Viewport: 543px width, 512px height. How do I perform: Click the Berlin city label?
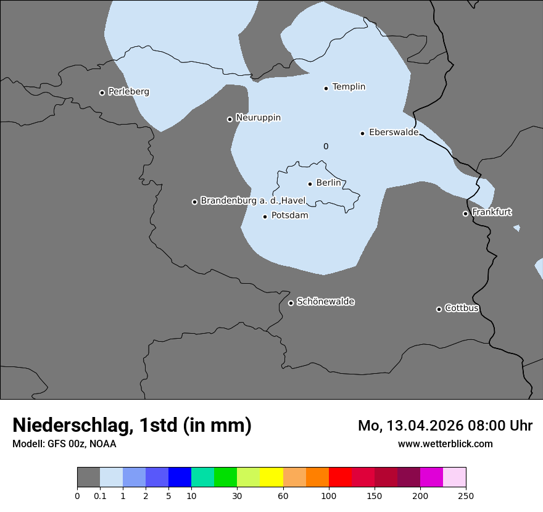tap(328, 183)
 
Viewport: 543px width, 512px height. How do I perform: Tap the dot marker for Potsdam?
tap(265, 217)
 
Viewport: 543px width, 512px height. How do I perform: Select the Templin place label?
tap(349, 87)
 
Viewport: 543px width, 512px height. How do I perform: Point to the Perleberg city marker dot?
tap(102, 93)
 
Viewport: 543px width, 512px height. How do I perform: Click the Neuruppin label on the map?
tap(258, 118)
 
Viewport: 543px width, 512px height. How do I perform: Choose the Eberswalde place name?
tap(394, 132)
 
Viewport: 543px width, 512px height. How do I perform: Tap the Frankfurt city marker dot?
tap(465, 213)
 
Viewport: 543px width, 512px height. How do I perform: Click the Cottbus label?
tap(462, 308)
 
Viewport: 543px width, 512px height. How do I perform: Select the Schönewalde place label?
tap(325, 302)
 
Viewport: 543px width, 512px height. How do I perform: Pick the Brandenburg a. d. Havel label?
tap(253, 200)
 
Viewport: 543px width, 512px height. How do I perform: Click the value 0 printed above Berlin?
tap(326, 146)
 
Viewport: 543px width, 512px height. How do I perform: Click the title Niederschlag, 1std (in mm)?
tap(131, 426)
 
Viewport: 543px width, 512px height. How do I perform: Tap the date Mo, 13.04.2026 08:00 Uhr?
tap(445, 426)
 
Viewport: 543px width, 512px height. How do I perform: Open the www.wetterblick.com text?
tap(445, 444)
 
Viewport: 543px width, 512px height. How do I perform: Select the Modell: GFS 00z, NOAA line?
tap(64, 444)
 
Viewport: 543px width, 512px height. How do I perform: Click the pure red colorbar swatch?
tap(340, 477)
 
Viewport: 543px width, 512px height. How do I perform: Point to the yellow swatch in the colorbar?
tap(271, 477)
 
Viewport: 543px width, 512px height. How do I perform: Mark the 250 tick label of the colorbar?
tap(466, 496)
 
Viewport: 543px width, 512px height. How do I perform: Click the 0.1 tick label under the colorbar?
tap(100, 496)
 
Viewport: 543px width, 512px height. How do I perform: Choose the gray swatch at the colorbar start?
tap(88, 477)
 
